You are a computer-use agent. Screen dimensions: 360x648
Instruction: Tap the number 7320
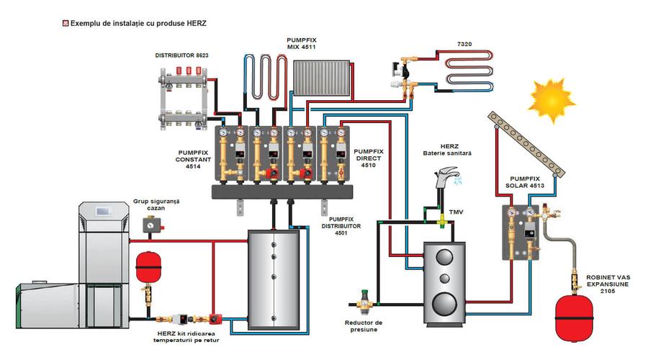tap(466, 45)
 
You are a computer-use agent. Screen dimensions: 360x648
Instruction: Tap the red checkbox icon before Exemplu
tap(66, 23)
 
